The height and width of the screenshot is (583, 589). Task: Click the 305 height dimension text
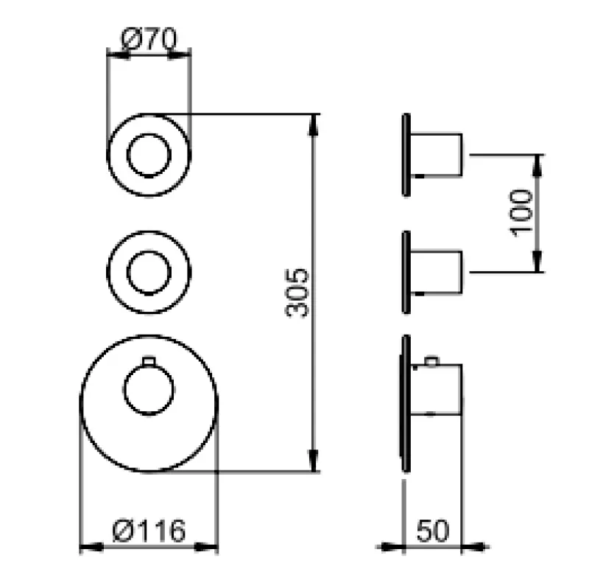pyautogui.click(x=297, y=293)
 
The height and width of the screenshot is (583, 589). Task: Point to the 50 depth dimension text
pyautogui.click(x=433, y=530)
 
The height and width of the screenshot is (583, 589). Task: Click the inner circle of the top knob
pyautogui.click(x=149, y=156)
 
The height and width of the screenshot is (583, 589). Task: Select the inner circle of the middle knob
pyautogui.click(x=149, y=272)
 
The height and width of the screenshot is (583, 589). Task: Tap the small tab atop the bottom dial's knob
pyautogui.click(x=149, y=360)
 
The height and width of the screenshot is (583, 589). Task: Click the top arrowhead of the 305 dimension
pyautogui.click(x=314, y=122)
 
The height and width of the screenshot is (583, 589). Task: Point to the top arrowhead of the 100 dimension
pyautogui.click(x=537, y=163)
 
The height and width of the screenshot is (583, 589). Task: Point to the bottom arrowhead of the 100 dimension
pyautogui.click(x=537, y=263)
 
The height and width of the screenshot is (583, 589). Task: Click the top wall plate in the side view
pyautogui.click(x=406, y=155)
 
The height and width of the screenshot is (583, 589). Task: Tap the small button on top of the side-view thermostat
pyautogui.click(x=431, y=361)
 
